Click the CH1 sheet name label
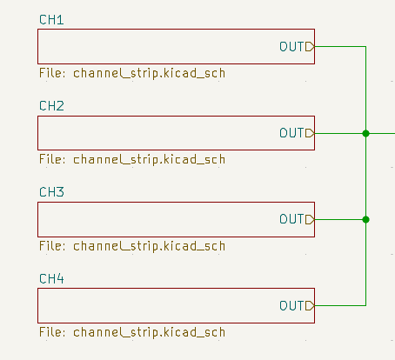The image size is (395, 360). [51, 19]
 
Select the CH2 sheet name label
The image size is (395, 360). [51, 106]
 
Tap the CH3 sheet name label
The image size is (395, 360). [51, 192]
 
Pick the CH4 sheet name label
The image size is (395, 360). [51, 279]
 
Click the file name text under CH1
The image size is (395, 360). [132, 73]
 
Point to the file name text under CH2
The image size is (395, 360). [132, 159]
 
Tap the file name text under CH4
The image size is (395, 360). [132, 332]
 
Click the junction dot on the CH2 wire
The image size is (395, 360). [365, 133]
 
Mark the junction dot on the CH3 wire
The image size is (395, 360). [365, 219]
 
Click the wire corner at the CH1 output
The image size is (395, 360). [365, 46]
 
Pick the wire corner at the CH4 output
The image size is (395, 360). [365, 306]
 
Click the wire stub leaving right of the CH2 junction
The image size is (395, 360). [382, 133]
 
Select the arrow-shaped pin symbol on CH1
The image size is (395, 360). [311, 46]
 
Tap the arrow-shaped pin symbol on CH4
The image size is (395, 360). [311, 306]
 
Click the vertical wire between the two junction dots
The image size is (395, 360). [365, 176]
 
